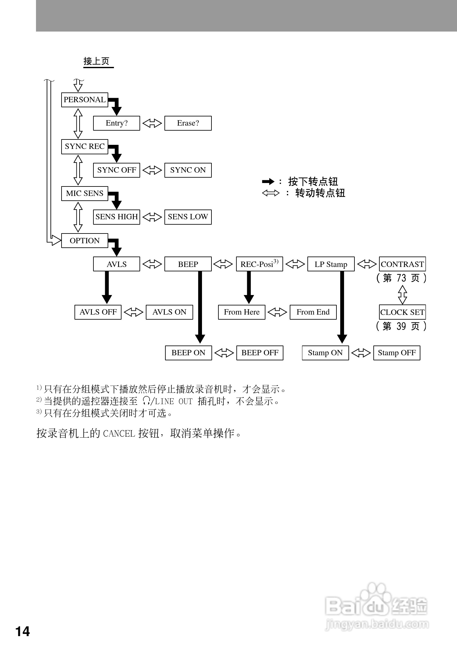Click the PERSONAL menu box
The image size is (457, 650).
85,100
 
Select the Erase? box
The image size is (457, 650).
188,123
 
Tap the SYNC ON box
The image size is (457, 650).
188,170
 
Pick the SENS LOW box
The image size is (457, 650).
188,217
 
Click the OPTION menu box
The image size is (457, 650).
85,241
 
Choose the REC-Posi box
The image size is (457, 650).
259,264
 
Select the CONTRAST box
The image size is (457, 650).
402,264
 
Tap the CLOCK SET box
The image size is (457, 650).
402,312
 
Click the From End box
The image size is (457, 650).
313,312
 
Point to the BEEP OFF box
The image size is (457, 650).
260,353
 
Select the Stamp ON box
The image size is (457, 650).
325,353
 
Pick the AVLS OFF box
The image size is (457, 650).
98,312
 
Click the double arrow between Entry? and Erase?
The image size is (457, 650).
152,123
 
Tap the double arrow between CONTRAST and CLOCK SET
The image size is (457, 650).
402,295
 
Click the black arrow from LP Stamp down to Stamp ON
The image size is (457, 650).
342,307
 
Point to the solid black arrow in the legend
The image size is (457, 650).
268,181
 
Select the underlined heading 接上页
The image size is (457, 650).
97,61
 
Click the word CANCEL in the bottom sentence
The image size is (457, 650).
119,434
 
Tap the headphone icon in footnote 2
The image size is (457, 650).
146,401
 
